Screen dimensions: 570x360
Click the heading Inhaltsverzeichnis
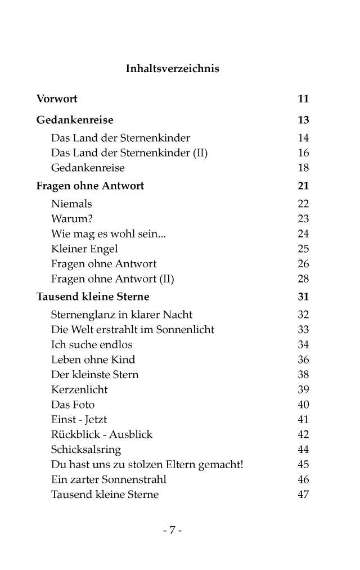point(172,69)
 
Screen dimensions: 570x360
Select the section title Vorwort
point(57,99)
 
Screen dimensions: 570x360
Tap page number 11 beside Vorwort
point(303,99)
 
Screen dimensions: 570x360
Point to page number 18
point(303,168)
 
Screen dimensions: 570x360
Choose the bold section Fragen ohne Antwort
point(90,186)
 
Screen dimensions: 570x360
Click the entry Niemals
point(71,204)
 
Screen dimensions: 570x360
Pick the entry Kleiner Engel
point(84,249)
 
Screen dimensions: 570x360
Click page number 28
point(303,279)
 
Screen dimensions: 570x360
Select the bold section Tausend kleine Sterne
point(93,297)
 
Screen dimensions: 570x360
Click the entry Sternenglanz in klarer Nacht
point(121,315)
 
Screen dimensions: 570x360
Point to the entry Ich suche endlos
point(92,344)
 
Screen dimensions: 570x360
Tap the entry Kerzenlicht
point(79,389)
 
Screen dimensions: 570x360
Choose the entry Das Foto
point(73,405)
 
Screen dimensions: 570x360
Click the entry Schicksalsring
point(85,450)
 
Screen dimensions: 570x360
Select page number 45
point(303,465)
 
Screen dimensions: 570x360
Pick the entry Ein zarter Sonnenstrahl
point(109,479)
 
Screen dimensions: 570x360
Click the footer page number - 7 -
point(172,530)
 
